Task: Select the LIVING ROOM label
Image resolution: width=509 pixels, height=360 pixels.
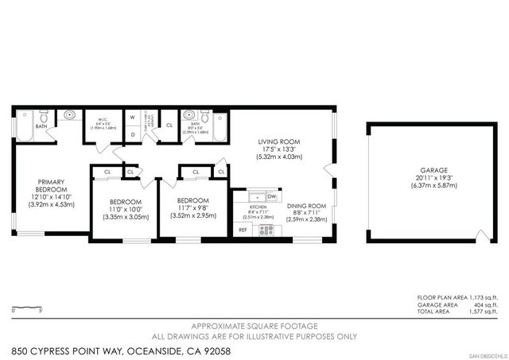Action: [x=278, y=142]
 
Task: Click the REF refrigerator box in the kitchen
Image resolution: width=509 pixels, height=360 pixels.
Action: [x=243, y=230]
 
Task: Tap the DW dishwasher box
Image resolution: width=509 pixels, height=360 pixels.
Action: [x=271, y=196]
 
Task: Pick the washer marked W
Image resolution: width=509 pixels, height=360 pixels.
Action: [x=132, y=118]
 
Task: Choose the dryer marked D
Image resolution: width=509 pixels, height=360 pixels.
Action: [x=132, y=134]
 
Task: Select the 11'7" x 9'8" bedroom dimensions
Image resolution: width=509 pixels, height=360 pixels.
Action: [x=193, y=207]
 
